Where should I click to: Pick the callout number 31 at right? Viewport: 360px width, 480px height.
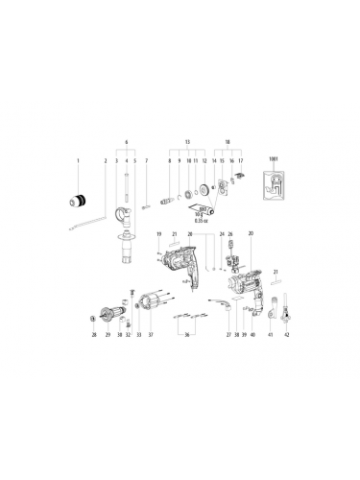point(275,274)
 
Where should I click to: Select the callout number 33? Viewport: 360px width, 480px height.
point(138,335)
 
